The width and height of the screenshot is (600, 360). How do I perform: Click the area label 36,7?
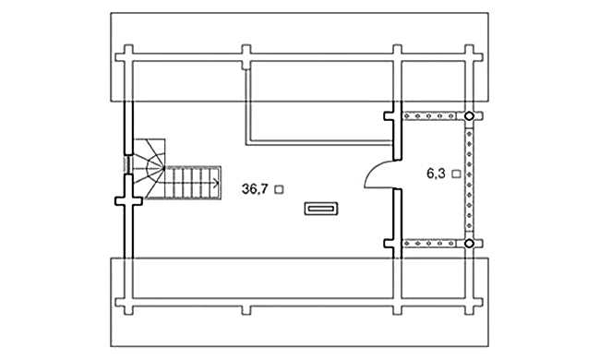coord(255,188)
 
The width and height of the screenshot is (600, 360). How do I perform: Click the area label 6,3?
coord(436,174)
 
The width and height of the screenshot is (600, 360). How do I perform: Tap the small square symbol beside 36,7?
coord(280,189)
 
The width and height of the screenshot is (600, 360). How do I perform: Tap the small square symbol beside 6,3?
coord(456,174)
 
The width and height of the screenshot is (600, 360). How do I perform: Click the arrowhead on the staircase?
coord(216,184)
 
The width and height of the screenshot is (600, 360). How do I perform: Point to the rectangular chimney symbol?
coord(321,209)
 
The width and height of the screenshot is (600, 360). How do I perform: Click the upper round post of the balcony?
coord(469,115)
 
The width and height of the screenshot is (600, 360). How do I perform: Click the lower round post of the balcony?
coord(469,244)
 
